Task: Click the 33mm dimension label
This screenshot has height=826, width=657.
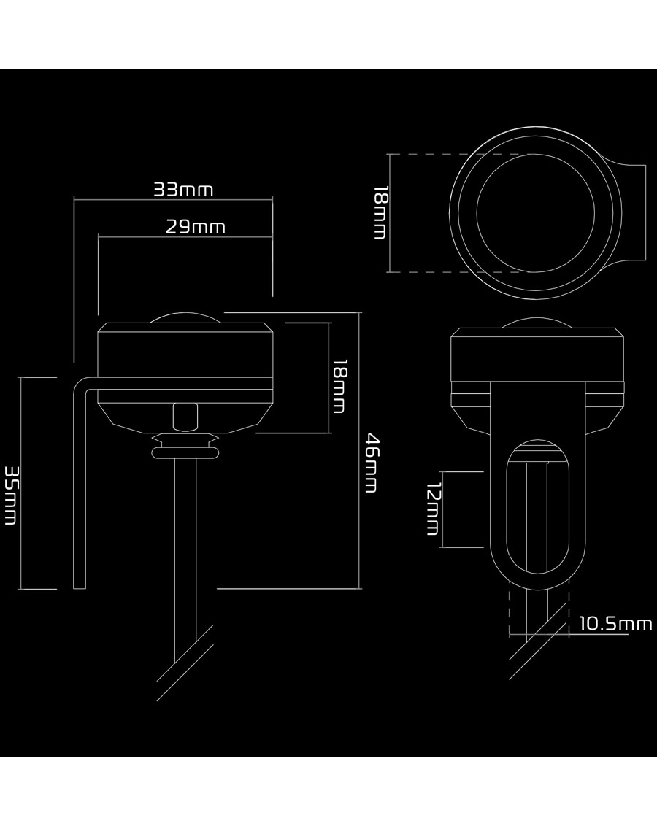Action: tap(183, 189)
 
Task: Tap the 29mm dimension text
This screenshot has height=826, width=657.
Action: tap(195, 227)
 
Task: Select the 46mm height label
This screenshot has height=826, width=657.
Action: tap(372, 463)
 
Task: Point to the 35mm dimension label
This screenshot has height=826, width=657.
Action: tap(11, 495)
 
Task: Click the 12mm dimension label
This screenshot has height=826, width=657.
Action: tap(433, 509)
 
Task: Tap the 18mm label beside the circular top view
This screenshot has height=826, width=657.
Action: tap(380, 212)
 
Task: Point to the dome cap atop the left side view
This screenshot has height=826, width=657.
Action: tap(185, 315)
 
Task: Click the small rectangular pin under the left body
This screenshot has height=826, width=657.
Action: tap(185, 416)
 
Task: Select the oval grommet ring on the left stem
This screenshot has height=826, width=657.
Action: tap(185, 452)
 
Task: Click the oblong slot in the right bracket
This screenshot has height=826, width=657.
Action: tap(508, 506)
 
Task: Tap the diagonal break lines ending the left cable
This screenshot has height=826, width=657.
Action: tap(185, 663)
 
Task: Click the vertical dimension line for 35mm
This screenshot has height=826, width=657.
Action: tap(20, 483)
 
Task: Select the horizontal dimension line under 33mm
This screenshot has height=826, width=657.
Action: tap(173, 200)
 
